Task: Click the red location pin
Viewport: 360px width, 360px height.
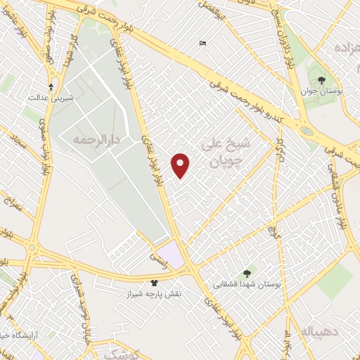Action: (x=181, y=165)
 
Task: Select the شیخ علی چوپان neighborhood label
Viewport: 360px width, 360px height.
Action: (x=226, y=153)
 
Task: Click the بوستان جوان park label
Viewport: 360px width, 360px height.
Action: (x=320, y=90)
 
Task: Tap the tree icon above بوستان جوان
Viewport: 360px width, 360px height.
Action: (x=321, y=79)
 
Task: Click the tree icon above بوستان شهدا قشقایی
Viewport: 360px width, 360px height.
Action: (x=247, y=273)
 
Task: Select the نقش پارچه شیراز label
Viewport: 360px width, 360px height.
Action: (x=155, y=293)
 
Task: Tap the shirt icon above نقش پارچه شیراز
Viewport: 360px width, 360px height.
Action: (x=155, y=283)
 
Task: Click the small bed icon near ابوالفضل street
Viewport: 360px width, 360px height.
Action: (x=203, y=44)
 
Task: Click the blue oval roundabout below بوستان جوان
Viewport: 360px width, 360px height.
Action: (x=306, y=130)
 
